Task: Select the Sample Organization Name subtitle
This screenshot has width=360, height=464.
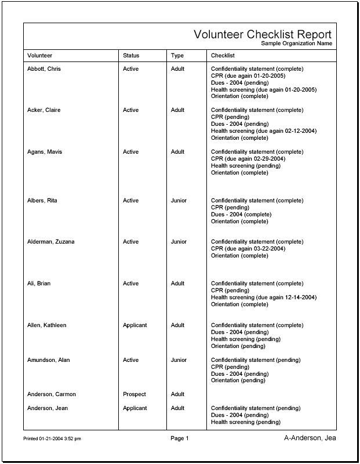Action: pos(296,43)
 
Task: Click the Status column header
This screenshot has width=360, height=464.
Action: pos(131,56)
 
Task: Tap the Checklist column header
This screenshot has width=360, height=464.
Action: pos(223,56)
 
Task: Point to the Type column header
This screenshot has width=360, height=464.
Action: pos(177,56)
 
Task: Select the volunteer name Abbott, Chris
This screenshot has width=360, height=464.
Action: pos(44,69)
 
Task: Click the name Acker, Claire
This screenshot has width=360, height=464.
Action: pos(44,110)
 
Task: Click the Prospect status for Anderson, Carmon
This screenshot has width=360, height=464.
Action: pos(134,394)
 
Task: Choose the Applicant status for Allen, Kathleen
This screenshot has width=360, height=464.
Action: pos(135,325)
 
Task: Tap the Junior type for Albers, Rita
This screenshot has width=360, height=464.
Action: pos(179,201)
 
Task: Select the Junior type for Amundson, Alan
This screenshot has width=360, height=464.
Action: pos(179,360)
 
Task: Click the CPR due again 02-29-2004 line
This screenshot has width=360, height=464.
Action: pos(248,159)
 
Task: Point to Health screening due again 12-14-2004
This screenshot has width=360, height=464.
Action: pos(264,298)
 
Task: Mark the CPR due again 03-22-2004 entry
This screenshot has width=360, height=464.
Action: pos(248,249)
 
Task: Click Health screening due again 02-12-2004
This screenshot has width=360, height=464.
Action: pos(264,131)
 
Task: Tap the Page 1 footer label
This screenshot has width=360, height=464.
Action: pos(180,438)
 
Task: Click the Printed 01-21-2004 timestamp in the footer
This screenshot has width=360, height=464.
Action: pos(52,439)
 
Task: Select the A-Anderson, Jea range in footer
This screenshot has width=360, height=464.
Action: pos(310,438)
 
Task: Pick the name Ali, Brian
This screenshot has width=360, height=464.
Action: pos(39,284)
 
